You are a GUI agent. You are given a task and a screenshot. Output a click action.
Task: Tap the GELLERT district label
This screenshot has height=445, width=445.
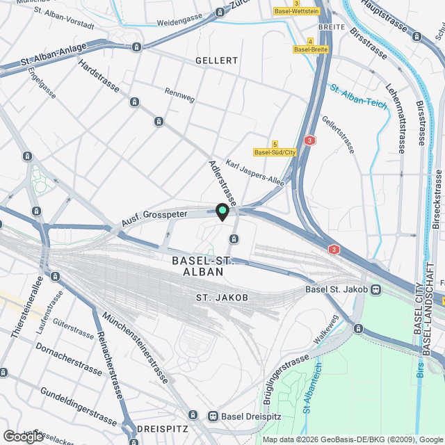(x=216, y=61)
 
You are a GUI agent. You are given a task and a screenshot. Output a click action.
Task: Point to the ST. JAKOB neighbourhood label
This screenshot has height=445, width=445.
(x=221, y=298)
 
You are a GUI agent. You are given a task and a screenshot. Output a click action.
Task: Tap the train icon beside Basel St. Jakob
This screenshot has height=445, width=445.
(x=376, y=289)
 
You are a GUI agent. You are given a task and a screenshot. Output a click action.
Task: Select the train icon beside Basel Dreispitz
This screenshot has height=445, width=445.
(x=213, y=416)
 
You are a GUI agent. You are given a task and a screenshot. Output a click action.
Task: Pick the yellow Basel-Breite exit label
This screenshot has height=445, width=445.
(x=310, y=49)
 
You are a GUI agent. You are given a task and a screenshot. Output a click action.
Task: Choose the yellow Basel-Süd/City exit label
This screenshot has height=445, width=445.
(x=275, y=152)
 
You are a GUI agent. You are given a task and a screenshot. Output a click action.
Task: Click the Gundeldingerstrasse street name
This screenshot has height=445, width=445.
(x=78, y=407)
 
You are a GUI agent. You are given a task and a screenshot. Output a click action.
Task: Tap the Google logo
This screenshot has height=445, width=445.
(x=23, y=436)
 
